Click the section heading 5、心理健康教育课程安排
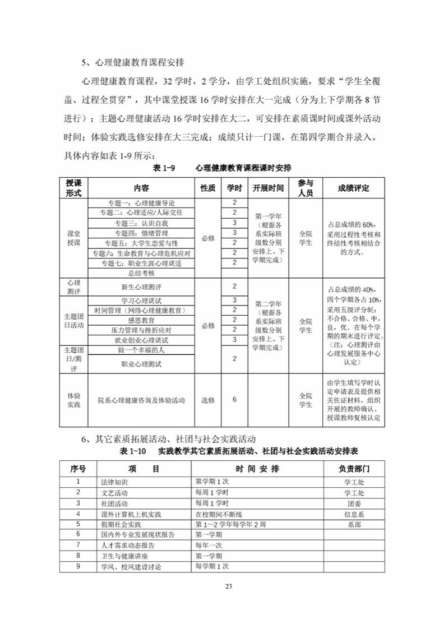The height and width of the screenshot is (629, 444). click(x=133, y=62)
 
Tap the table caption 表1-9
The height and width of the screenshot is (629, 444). click(x=165, y=168)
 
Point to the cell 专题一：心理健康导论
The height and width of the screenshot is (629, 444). click(x=142, y=203)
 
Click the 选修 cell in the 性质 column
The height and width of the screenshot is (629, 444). click(x=208, y=400)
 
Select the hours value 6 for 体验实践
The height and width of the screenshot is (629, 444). click(x=234, y=399)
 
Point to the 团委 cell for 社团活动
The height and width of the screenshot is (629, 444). click(x=354, y=503)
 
